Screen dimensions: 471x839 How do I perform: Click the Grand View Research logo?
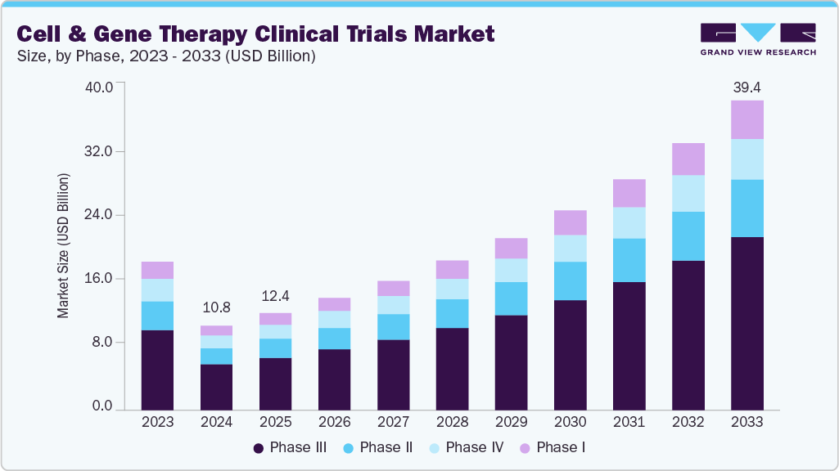(x=758, y=39)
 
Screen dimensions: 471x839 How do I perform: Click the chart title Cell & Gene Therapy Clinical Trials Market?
(x=256, y=34)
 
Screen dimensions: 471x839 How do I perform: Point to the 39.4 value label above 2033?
(x=747, y=87)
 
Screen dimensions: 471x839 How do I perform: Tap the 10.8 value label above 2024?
(x=216, y=308)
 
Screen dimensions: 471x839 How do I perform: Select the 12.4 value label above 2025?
(x=275, y=295)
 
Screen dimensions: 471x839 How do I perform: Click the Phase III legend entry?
(x=291, y=447)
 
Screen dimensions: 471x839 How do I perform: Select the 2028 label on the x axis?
(x=452, y=422)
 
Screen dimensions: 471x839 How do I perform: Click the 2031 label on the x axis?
(x=629, y=422)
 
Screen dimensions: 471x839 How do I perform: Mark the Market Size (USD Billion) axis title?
(x=63, y=245)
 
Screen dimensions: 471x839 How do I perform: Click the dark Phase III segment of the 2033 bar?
(x=747, y=323)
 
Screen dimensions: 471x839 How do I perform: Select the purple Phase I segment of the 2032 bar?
(x=688, y=159)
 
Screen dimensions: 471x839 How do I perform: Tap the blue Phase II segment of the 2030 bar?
(x=570, y=280)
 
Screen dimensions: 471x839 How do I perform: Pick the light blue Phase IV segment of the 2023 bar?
(x=157, y=290)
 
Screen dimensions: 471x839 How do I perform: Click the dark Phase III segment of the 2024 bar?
(x=216, y=386)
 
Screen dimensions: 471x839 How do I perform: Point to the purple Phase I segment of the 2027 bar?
(x=393, y=288)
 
